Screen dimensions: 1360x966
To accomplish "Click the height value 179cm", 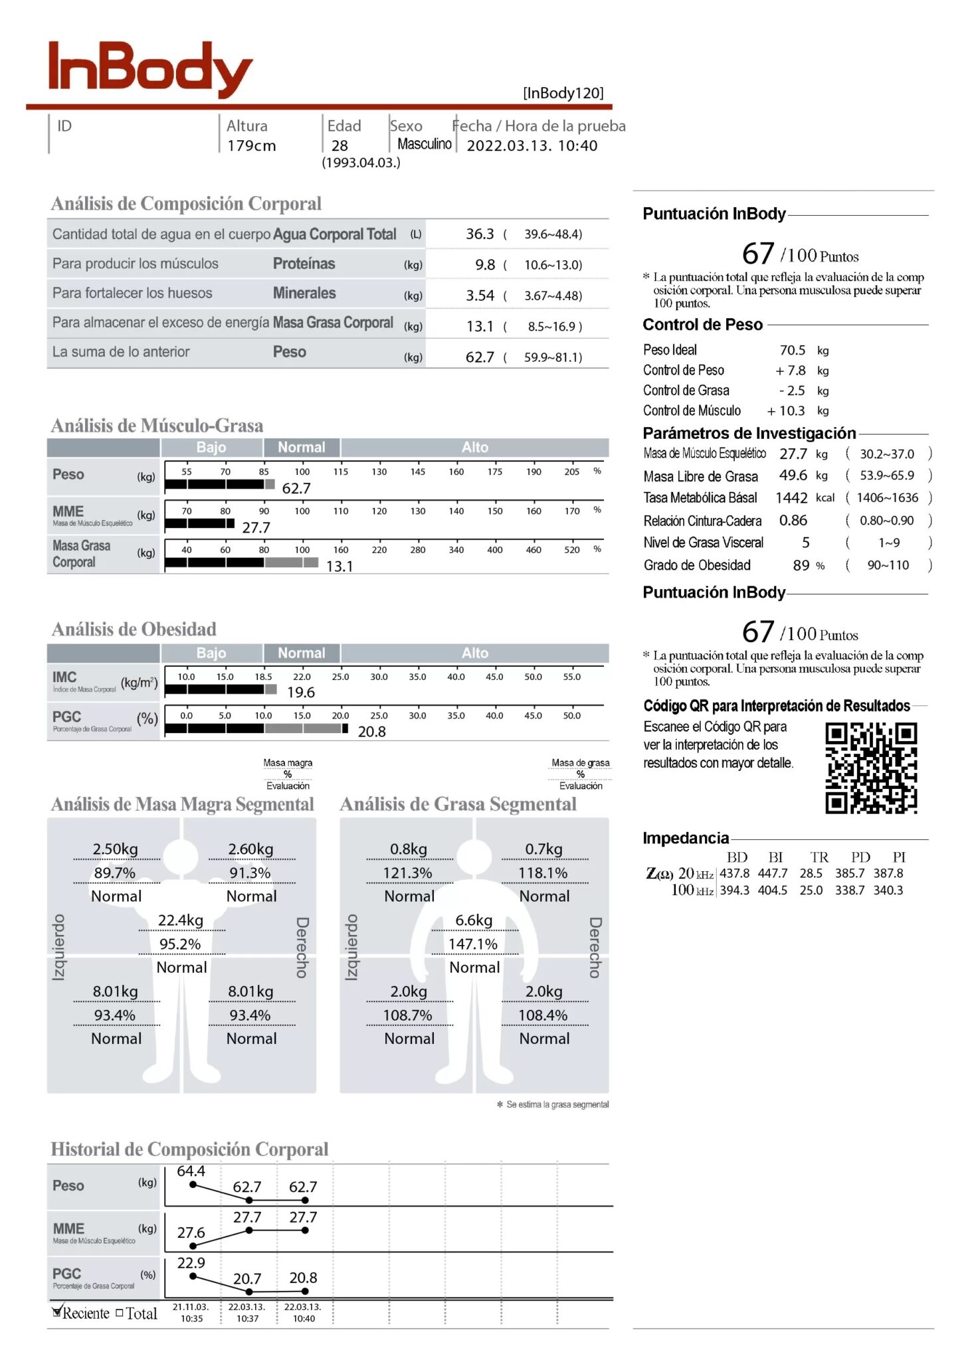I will [x=251, y=145].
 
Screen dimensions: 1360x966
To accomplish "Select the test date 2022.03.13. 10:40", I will [x=531, y=145].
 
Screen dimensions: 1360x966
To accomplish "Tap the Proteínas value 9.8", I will [x=485, y=264].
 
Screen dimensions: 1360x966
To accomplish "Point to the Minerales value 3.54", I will [x=480, y=296].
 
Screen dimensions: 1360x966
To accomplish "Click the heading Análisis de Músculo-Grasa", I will [x=157, y=425].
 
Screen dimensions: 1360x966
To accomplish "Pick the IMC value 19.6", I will [x=301, y=692].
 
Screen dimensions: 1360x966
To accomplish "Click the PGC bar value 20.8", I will [x=371, y=731].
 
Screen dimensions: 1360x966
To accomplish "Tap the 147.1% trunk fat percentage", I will [x=473, y=944].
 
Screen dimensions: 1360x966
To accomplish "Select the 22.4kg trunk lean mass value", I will [x=181, y=920].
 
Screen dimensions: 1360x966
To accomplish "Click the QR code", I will [x=871, y=768].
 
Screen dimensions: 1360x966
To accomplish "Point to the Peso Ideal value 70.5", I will [x=792, y=350].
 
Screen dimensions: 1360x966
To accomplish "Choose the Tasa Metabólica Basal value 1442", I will [x=791, y=498].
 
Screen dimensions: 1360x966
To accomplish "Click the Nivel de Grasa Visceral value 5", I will [x=805, y=543].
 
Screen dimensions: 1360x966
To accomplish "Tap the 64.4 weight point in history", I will [x=191, y=1171].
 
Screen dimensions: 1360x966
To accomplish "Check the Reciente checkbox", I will [x=57, y=1312].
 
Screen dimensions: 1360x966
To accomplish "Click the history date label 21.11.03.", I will [x=191, y=1307].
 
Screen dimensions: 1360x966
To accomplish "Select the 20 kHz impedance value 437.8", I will [x=734, y=874].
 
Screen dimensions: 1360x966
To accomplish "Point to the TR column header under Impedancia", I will [x=819, y=857].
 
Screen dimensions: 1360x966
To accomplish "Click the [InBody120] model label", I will [x=563, y=93].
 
